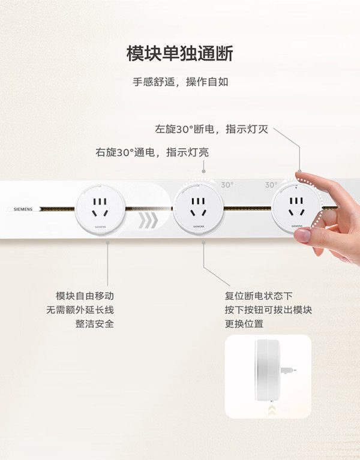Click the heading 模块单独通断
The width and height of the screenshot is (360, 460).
pyautogui.click(x=180, y=53)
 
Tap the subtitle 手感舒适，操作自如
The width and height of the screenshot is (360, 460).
pyautogui.click(x=181, y=82)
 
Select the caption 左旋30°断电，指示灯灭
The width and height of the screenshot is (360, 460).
pyautogui.click(x=212, y=129)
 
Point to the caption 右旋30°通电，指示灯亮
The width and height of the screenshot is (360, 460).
pyautogui.click(x=152, y=152)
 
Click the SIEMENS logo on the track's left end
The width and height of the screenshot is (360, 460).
pyautogui.click(x=23, y=209)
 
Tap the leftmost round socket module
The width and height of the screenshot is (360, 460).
pyautogui.click(x=101, y=210)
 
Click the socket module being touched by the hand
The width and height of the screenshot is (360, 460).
pyautogui.click(x=296, y=208)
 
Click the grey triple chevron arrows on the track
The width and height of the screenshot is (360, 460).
pyautogui.click(x=148, y=220)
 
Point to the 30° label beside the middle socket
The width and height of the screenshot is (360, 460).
pyautogui.click(x=227, y=185)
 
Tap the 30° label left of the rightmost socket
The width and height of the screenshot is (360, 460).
pyautogui.click(x=271, y=185)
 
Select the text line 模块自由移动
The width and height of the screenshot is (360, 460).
pyautogui.click(x=85, y=296)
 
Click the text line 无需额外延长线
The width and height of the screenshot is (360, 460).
pyautogui.click(x=80, y=310)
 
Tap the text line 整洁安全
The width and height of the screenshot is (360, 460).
pyautogui.click(x=94, y=324)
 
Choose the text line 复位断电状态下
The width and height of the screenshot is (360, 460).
pyautogui.click(x=259, y=296)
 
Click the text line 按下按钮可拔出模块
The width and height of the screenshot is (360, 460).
pyautogui.click(x=268, y=310)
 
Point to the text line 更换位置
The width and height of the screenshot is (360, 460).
pyautogui.click(x=244, y=324)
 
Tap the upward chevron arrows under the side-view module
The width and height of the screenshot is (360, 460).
pyautogui.click(x=272, y=410)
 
